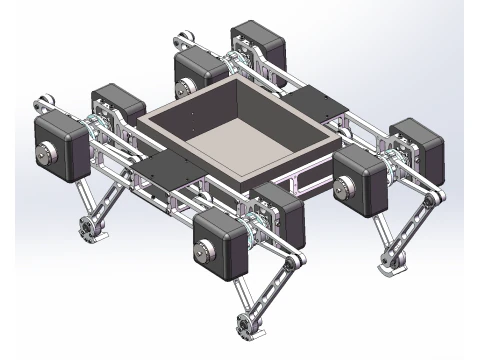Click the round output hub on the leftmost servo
coord(44,154)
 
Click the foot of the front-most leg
coord(244,325)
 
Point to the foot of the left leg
coord(91,229)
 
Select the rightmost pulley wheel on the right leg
coord(430,203)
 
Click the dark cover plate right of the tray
coord(320,100)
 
